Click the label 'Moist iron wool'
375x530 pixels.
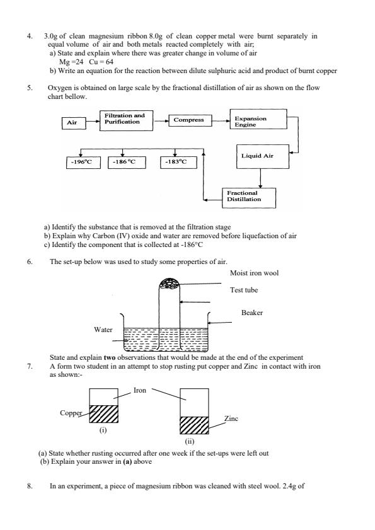point(254,273)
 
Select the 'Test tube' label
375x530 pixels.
point(243,291)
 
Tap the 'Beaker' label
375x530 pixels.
point(252,313)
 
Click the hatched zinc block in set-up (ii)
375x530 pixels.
point(194,425)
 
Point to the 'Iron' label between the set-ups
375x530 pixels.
point(140,391)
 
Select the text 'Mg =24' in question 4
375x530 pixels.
point(70,63)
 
